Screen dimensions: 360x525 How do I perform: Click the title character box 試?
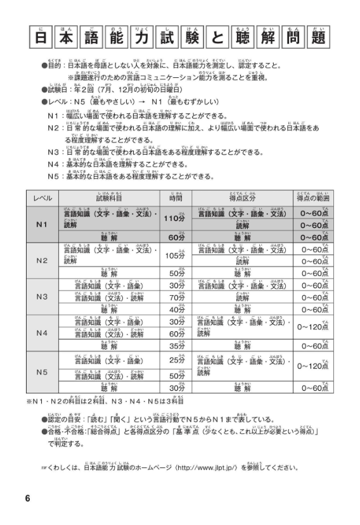pos(171,41)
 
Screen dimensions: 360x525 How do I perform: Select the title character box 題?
pos(319,41)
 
